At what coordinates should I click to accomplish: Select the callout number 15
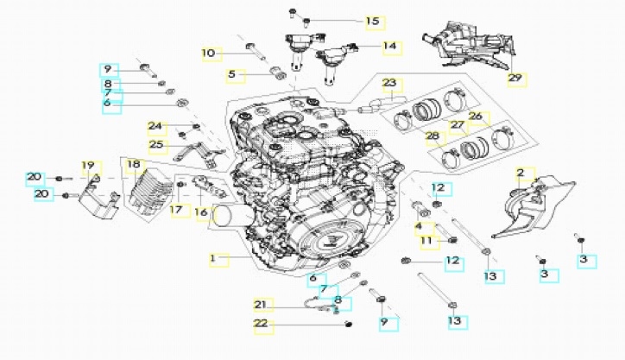[x=372, y=21]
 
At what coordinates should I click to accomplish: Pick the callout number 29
[x=515, y=78]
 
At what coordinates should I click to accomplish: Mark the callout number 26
[x=476, y=116]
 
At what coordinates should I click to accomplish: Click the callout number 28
[x=432, y=136]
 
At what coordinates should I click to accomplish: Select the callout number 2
[x=520, y=174]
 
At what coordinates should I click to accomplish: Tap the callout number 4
[x=419, y=227]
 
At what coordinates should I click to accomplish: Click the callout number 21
[x=262, y=304]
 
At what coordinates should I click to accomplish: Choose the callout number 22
[x=262, y=325]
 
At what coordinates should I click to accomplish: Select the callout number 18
[x=133, y=165]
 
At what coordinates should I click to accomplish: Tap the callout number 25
[x=156, y=144]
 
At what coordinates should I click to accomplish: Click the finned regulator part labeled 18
[x=142, y=192]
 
